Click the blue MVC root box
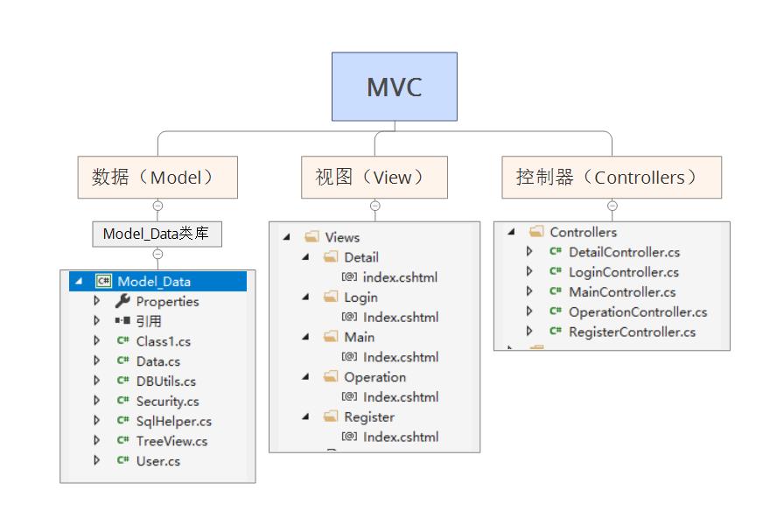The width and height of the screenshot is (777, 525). coord(394,87)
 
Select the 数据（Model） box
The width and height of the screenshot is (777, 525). coord(157,178)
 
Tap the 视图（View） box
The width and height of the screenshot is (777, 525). coord(374,178)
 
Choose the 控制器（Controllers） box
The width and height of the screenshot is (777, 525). coord(612,178)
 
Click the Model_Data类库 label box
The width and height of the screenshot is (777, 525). coord(157,234)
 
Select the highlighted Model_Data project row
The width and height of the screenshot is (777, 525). coord(153,282)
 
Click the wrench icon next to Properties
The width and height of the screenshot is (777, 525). coord(122,301)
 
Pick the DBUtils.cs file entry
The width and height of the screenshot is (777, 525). coord(165,381)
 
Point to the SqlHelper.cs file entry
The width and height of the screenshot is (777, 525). coord(173,422)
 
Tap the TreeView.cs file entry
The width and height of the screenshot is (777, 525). coord(171,442)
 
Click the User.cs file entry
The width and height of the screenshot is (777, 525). coord(157,462)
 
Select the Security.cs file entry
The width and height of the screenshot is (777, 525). coord(167,402)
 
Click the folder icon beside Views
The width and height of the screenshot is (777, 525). coord(311,237)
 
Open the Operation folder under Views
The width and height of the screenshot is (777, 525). coord(374,377)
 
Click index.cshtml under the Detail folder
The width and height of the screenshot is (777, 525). coord(399,277)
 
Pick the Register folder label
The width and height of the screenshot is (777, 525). coord(368,417)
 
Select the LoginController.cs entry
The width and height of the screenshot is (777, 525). coord(623,272)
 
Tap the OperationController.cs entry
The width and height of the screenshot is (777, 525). coord(637,312)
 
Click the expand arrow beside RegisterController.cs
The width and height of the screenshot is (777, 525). coord(529,332)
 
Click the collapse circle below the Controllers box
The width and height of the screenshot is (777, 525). coord(612,206)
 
